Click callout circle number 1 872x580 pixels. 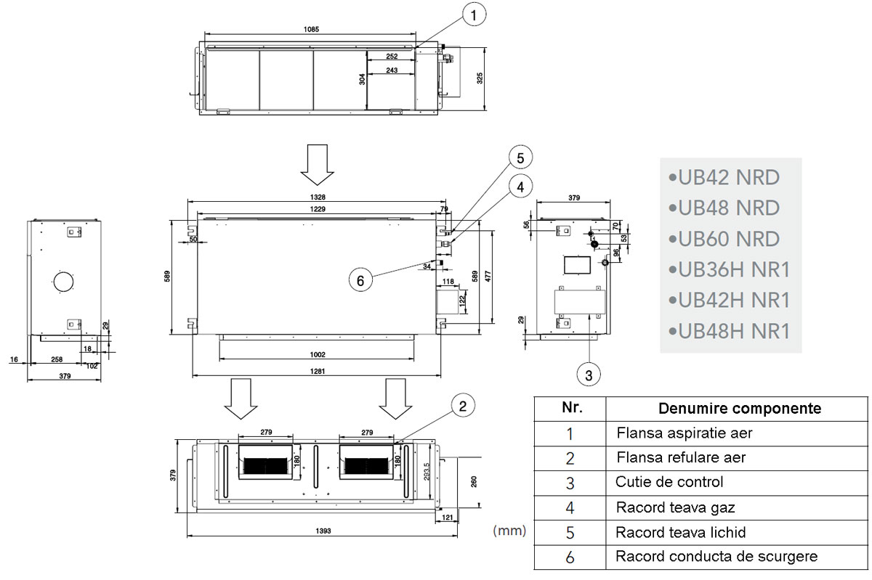click(474, 15)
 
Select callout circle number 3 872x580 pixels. click(589, 375)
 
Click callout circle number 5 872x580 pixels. click(520, 157)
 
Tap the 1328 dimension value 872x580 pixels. click(315, 197)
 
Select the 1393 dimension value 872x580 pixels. click(324, 531)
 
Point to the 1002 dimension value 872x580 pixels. click(317, 354)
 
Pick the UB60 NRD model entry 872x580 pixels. click(728, 239)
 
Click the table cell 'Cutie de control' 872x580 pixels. click(669, 482)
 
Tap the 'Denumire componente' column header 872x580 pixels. click(740, 408)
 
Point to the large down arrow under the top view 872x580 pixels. click(317, 165)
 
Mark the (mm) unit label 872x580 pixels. click(509, 531)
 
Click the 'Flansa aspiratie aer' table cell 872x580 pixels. click(684, 433)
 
